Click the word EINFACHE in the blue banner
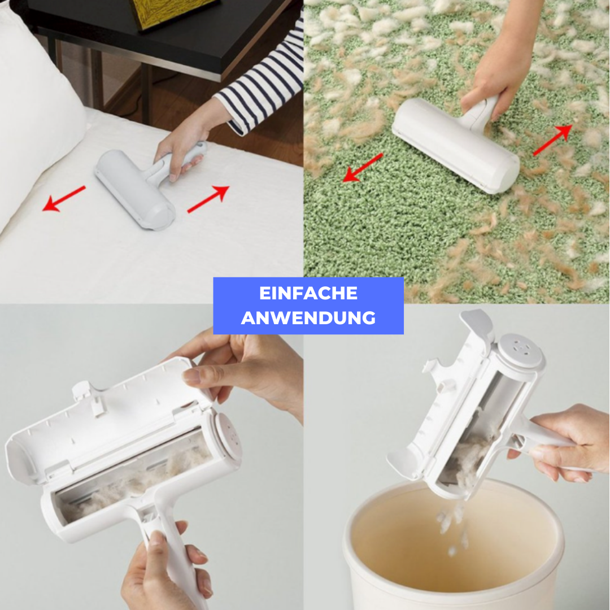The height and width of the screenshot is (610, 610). click(308, 293)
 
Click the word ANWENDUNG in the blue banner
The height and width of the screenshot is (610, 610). click(308, 318)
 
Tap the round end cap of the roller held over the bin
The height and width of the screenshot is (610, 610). click(521, 350)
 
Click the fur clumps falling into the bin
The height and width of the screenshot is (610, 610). click(451, 525)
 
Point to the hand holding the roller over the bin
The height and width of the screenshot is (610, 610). click(560, 443)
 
